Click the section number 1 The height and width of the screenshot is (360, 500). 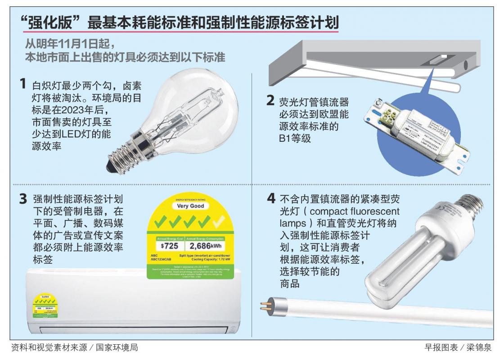point(22,84)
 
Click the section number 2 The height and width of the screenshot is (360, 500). point(270,100)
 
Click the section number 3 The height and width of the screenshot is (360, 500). point(23,199)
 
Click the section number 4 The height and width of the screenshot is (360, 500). point(270,198)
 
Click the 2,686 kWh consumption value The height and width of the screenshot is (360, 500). point(207,246)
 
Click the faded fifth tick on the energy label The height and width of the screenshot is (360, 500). point(221,221)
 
